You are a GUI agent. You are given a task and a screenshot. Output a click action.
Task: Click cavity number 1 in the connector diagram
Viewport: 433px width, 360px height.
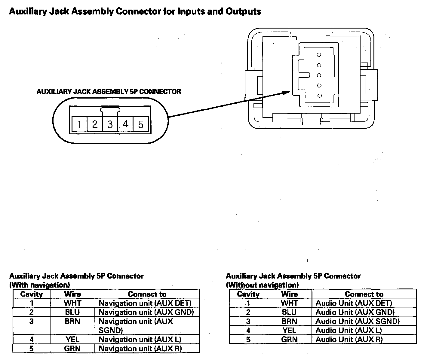coord(79,124)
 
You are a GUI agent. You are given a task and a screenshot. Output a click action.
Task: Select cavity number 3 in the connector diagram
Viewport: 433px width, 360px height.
coord(110,124)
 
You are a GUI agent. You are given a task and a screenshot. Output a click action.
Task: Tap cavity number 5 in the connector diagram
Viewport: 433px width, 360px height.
coord(141,124)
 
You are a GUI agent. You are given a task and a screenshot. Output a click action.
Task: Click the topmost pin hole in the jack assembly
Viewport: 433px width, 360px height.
coord(319,55)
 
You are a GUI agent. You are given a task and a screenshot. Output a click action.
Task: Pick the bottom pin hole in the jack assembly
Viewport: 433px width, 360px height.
coord(319,96)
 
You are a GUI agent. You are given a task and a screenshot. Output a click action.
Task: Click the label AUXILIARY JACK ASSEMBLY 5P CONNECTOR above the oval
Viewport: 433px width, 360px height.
coord(109,92)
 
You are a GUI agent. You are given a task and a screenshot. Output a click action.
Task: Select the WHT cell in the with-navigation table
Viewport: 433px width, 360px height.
coord(72,303)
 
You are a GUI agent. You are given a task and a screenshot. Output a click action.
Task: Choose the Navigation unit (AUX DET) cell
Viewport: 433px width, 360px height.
coord(145,303)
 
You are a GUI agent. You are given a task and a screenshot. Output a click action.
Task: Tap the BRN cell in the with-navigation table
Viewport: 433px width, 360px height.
coord(72,322)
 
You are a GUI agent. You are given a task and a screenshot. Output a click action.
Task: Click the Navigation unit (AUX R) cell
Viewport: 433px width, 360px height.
coord(140,349)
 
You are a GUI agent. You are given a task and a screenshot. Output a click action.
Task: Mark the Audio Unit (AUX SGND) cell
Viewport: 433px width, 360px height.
coord(358,321)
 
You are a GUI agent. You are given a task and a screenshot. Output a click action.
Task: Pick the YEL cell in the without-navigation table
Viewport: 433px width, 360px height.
coord(289,331)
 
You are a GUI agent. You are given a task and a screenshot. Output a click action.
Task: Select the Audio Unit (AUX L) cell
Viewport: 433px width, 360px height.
coord(349,331)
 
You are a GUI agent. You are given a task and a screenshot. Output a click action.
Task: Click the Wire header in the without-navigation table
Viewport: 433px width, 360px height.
coord(289,294)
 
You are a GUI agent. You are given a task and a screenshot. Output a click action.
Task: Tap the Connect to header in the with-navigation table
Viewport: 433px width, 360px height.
coord(147,294)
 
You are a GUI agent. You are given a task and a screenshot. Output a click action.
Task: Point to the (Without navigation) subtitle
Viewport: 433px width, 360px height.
coord(262,285)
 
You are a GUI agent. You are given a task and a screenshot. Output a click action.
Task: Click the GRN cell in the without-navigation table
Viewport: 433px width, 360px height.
coord(289,340)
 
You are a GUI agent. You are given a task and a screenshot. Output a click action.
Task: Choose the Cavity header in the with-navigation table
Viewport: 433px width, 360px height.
coord(32,294)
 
